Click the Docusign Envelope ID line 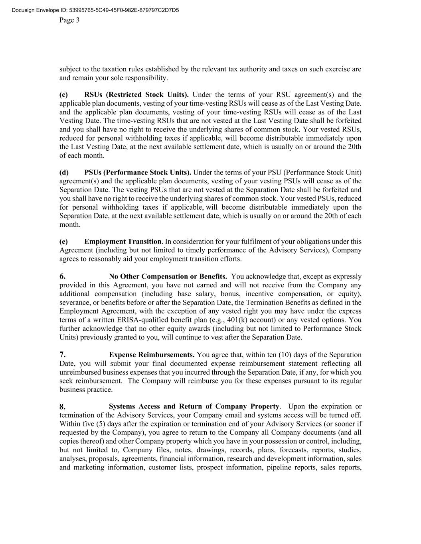tap(95, 10)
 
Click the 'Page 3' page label tap(69, 20)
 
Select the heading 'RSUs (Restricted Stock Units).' tap(136, 95)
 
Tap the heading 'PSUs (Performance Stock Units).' tap(138, 173)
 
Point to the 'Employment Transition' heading tap(123, 242)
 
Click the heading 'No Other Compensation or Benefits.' tap(168, 277)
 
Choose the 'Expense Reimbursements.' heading tap(152, 355)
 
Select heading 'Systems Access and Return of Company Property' tap(194, 407)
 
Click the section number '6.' tap(63, 277)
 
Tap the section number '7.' tap(63, 355)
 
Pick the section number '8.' tap(63, 407)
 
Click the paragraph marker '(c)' tap(63, 95)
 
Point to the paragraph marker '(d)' tap(64, 173)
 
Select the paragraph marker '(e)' tap(63, 242)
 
